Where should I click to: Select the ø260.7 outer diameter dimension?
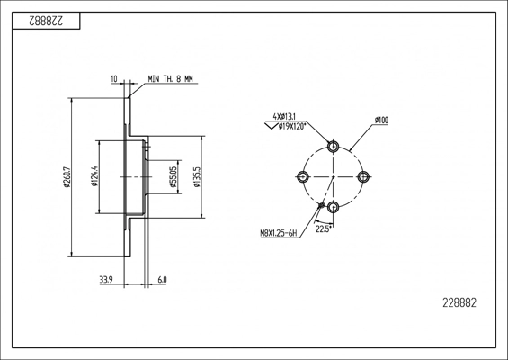67,177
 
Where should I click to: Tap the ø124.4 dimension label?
94,176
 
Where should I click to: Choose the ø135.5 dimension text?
195,176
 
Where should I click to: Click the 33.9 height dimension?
106,281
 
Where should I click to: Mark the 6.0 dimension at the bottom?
162,281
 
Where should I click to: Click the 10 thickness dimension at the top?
114,80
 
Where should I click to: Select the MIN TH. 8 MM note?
171,80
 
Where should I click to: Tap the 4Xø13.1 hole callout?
285,117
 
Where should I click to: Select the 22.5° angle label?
323,229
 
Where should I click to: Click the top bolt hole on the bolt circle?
334,146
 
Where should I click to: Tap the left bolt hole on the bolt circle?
303,176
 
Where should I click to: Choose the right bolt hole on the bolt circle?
364,176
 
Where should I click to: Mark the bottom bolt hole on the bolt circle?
334,207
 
